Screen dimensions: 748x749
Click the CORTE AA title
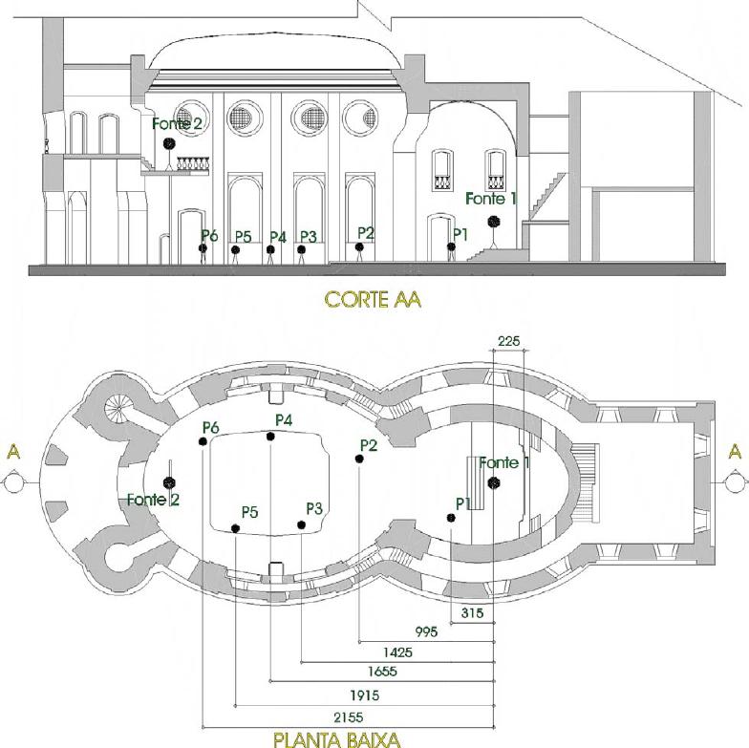[x=373, y=299]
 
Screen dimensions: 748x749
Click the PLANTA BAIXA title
[x=336, y=738]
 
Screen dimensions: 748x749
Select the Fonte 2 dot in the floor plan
[x=169, y=481]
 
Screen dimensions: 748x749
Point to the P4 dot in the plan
[x=271, y=437]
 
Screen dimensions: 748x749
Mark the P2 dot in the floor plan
[x=358, y=459]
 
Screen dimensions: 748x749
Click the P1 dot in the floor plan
[x=450, y=518]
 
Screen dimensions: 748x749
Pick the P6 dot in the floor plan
[x=203, y=440]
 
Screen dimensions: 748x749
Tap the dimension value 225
[x=509, y=341]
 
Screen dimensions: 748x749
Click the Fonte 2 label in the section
[x=177, y=123]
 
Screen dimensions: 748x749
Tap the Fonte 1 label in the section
[x=491, y=199]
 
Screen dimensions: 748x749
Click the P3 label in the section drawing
[x=308, y=236]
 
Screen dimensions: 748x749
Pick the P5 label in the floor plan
[x=249, y=512]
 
